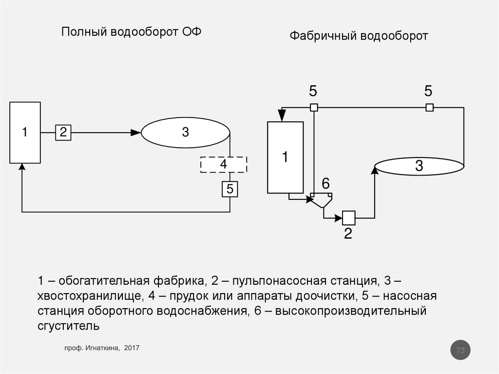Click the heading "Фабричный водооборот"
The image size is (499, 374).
point(359,36)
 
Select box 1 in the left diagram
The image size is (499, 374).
point(25,132)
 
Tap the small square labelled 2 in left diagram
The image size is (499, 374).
point(63,132)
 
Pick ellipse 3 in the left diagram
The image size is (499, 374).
point(186,132)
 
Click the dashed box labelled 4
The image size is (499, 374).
point(224,164)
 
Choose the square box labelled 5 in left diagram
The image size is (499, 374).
point(230,189)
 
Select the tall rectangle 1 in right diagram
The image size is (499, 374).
point(285,157)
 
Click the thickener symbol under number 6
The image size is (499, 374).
point(322,199)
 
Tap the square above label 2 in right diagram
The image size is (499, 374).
point(348,217)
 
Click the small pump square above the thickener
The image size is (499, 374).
point(314,108)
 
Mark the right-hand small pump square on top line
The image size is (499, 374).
point(429,108)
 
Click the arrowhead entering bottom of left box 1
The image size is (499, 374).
point(22,167)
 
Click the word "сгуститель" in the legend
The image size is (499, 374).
point(69,326)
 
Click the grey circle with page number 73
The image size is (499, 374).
point(461,350)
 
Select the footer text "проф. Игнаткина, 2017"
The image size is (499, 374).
point(102,348)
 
